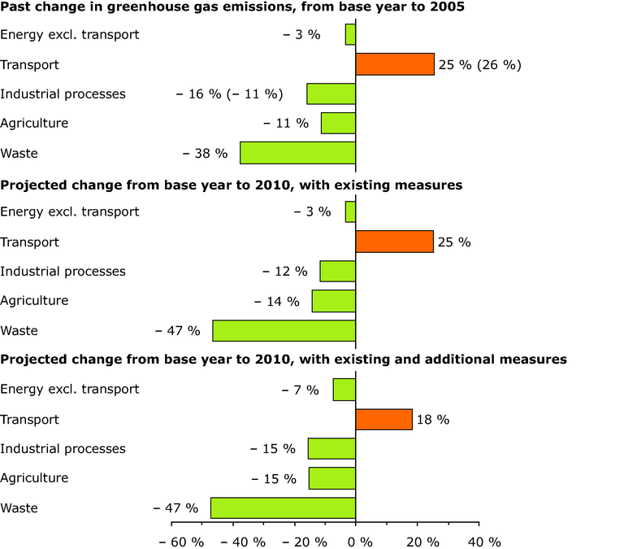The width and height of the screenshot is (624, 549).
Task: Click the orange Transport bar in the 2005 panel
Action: coord(395,64)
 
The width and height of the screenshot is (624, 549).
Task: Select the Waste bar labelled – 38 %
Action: coord(297,153)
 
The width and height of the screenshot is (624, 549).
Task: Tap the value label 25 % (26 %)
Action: coord(479,64)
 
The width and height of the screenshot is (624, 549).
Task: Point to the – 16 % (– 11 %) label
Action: coord(229,94)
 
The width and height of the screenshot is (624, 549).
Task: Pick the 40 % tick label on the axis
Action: coord(484,542)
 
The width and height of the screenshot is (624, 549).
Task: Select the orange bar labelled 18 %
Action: coord(383,419)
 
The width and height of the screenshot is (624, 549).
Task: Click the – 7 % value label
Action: coord(301,390)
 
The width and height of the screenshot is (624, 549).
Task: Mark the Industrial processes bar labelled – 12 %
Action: coord(338,271)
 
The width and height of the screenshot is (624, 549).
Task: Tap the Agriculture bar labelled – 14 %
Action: coord(334,301)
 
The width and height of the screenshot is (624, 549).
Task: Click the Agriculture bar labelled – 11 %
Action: coord(338,123)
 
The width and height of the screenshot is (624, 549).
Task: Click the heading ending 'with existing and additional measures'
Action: coord(284,359)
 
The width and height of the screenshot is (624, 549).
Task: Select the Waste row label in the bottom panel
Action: coord(19,508)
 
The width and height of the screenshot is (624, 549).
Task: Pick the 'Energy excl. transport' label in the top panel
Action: coord(70,34)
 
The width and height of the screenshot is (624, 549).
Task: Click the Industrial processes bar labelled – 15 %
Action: coord(331,448)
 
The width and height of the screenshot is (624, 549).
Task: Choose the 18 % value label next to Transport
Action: coord(433,420)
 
